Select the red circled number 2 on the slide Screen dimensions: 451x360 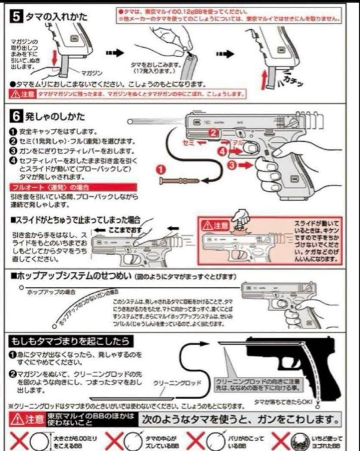[x=213, y=133]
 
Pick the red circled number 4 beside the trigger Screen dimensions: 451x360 [x=222, y=151]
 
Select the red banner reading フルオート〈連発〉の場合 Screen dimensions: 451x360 [x=73, y=187]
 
